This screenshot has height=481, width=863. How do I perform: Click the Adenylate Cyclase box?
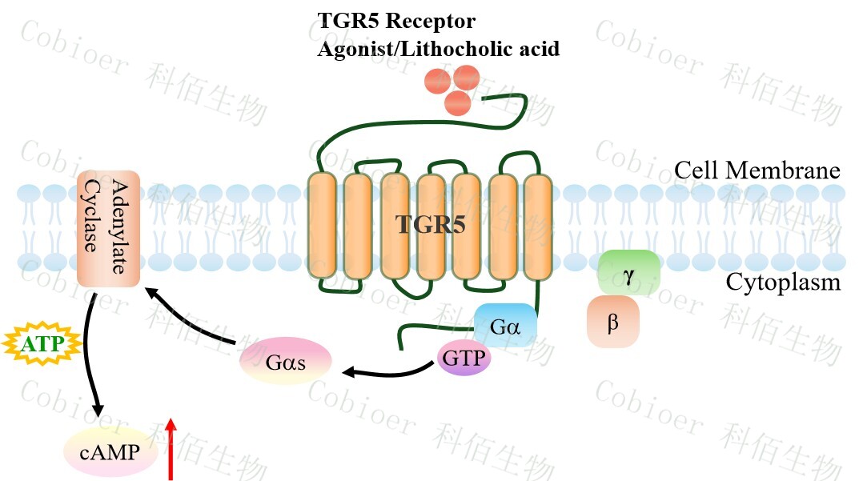click(109, 228)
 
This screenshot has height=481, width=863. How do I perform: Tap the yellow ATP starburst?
click(42, 345)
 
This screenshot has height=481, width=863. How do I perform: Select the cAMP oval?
click(109, 454)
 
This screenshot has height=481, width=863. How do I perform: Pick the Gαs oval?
click(286, 361)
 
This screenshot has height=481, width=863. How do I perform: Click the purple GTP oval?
click(464, 358)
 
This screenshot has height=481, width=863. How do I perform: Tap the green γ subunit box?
click(628, 273)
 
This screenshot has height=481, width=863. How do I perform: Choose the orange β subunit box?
click(613, 322)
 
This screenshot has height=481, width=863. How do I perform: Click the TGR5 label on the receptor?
click(431, 225)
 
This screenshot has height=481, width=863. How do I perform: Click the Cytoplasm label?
click(783, 283)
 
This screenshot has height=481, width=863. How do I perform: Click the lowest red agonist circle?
click(457, 102)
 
